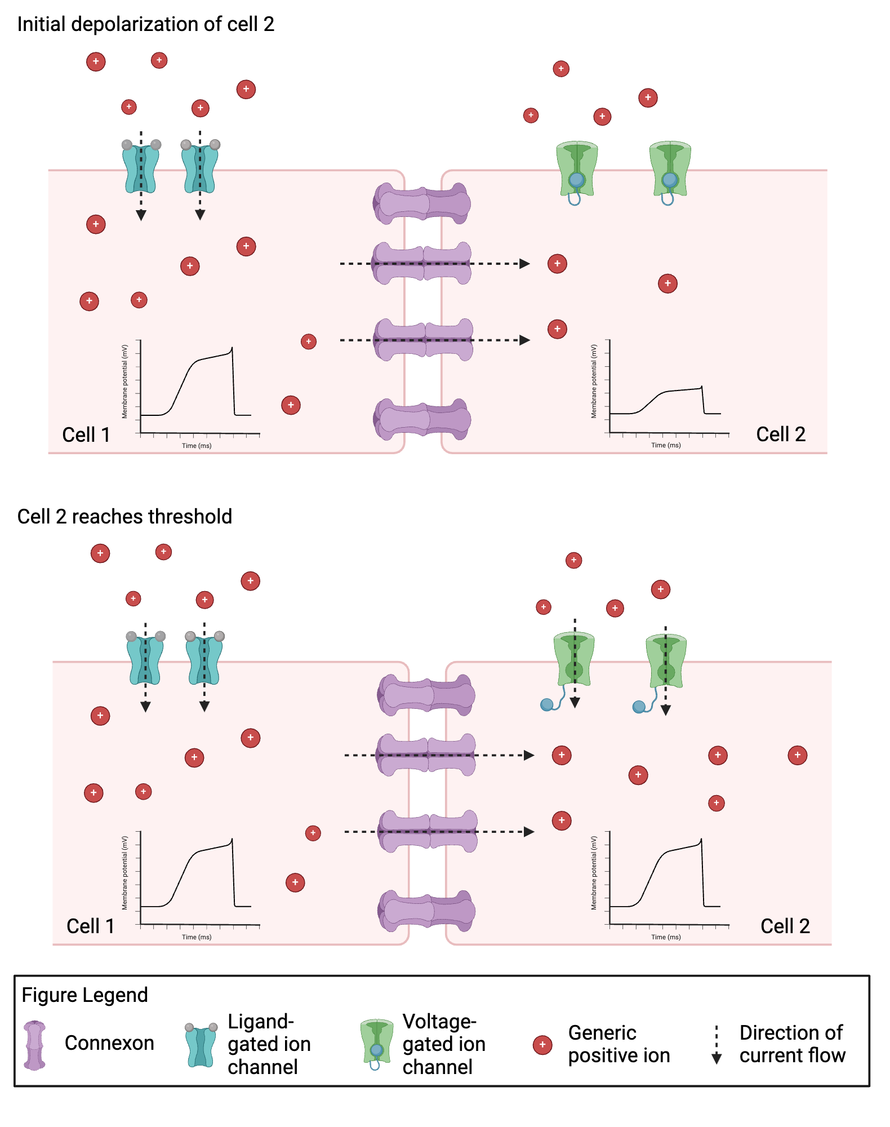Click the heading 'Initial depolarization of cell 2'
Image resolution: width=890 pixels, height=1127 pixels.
[145, 24]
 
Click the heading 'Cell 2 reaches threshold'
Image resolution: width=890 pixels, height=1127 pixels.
[124, 516]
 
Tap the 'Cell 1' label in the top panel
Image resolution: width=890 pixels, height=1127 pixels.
[86, 434]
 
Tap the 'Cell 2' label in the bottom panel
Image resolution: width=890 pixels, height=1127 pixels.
[785, 926]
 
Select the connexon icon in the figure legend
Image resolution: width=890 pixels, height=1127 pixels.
[34, 1045]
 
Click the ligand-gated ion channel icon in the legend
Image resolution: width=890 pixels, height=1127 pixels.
[201, 1045]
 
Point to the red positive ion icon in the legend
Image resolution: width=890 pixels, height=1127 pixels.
[542, 1045]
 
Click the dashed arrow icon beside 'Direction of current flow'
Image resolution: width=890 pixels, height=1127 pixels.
[717, 1045]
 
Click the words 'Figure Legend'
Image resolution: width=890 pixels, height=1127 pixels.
[84, 995]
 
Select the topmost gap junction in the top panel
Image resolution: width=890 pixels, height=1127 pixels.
[422, 203]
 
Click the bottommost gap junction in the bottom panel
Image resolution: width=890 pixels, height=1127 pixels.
[426, 911]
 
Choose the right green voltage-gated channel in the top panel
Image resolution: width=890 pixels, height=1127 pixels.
[670, 169]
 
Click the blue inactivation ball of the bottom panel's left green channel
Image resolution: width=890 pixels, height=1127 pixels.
[546, 704]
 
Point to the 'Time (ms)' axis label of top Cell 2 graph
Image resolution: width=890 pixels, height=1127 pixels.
[666, 445]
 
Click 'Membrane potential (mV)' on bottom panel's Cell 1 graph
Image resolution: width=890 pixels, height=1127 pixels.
[124, 873]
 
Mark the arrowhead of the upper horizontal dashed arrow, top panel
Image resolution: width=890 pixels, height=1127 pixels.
[524, 264]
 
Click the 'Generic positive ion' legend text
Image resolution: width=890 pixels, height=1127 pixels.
[618, 1044]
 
